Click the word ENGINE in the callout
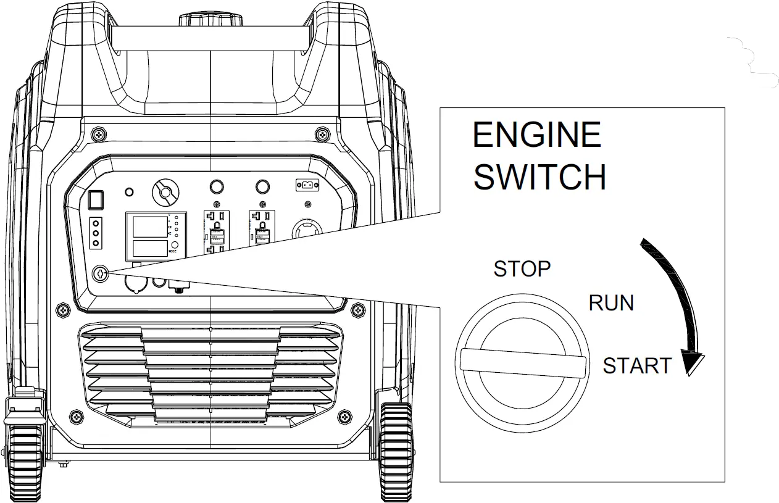(536, 135)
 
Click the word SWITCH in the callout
(539, 177)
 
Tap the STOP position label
(522, 269)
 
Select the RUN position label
(611, 303)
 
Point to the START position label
(637, 366)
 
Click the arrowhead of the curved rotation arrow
(691, 364)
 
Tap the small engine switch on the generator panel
(100, 273)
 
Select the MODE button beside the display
(175, 245)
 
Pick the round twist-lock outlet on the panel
(307, 231)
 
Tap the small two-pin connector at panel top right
(306, 185)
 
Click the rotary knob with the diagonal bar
(165, 193)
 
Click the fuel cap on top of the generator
(212, 19)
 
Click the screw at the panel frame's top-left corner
(98, 134)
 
